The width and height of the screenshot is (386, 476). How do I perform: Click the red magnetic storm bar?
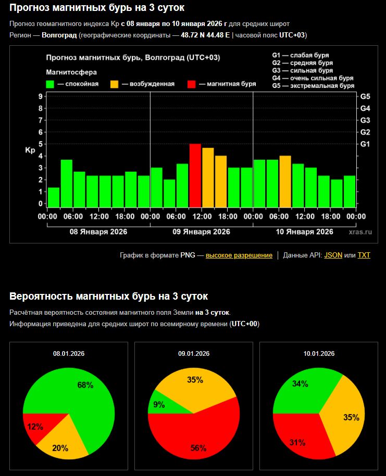pyautogui.click(x=195, y=176)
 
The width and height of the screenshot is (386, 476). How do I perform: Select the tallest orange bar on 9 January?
pyautogui.click(x=208, y=178)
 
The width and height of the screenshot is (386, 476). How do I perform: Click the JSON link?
pyautogui.click(x=330, y=255)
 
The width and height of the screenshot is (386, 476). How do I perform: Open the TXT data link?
pyautogui.click(x=364, y=255)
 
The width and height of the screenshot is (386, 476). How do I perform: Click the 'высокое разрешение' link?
pyautogui.click(x=239, y=255)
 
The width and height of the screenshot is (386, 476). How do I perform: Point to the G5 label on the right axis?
pyautogui.click(x=365, y=97)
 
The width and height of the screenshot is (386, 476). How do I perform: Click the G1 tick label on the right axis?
pyautogui.click(x=365, y=144)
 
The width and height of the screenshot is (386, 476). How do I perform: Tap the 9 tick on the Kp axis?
pyautogui.click(x=40, y=97)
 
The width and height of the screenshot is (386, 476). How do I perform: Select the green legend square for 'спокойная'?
pyautogui.click(x=51, y=84)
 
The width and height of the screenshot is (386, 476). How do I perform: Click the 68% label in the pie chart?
pyautogui.click(x=85, y=385)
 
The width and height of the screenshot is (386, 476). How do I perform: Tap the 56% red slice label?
pyautogui.click(x=198, y=447)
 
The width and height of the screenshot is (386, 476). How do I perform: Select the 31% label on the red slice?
pyautogui.click(x=297, y=443)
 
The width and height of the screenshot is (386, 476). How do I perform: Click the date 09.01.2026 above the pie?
pyautogui.click(x=194, y=354)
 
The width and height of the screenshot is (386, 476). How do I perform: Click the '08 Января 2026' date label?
pyautogui.click(x=98, y=231)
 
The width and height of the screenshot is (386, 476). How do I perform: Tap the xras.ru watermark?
pyautogui.click(x=360, y=232)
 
